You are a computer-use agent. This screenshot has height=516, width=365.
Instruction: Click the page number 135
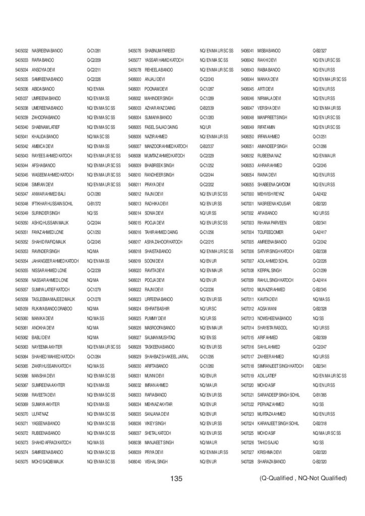[x=176, y=478]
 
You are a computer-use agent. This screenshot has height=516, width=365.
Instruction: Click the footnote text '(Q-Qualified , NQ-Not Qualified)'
[x=303, y=478]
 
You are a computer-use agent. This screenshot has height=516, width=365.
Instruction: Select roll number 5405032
[x=21, y=51]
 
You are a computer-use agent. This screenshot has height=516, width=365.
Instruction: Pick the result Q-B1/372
[x=94, y=204]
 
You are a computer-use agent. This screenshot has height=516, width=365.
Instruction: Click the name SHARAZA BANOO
[x=271, y=462]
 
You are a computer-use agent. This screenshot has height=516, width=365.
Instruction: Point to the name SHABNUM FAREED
[x=159, y=51]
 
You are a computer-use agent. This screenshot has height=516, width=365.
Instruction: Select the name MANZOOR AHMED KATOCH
[x=166, y=146]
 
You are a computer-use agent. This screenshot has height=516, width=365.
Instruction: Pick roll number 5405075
[x=21, y=462]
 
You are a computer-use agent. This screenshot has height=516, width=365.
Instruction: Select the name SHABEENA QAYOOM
[x=274, y=184]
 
